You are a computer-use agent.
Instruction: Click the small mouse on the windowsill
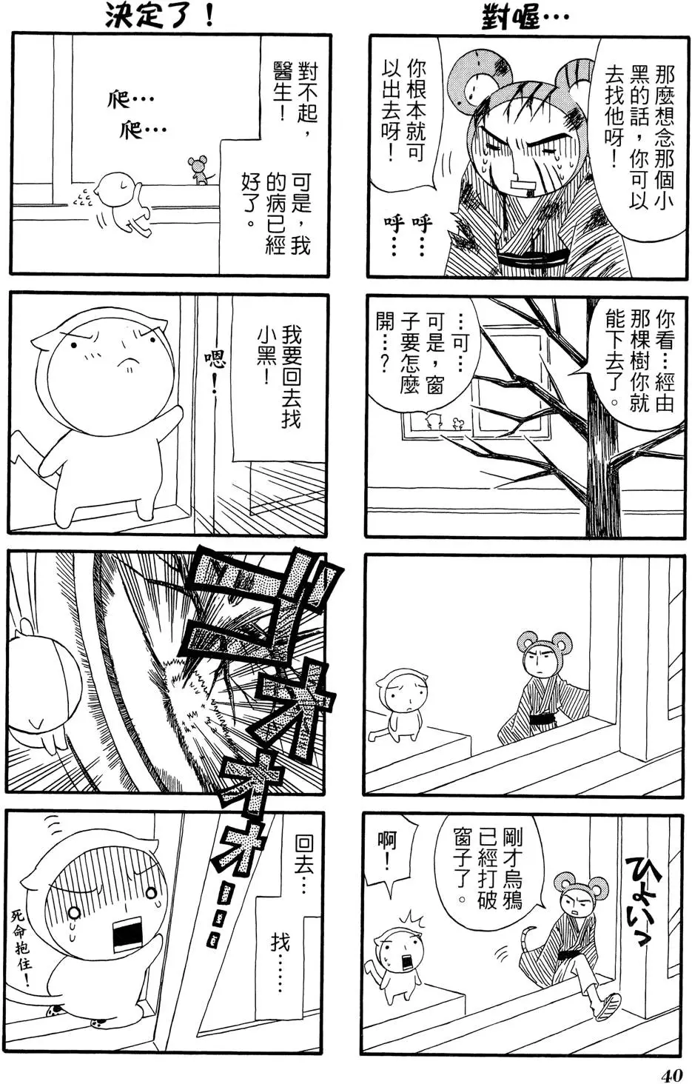coord(198,170)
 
